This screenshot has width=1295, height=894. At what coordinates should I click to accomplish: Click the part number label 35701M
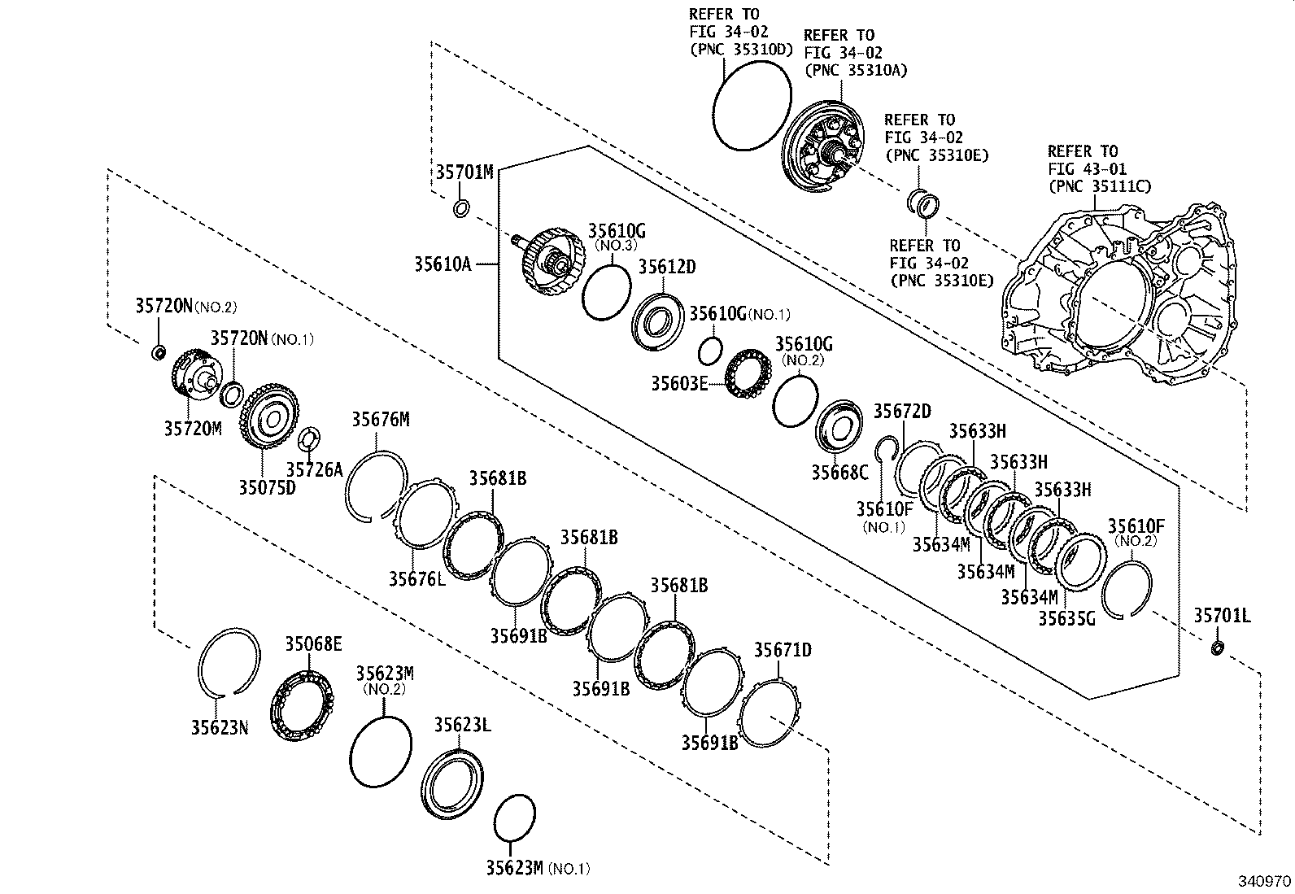coord(464,172)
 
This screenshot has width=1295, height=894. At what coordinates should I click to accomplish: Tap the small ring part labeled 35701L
coord(1217,648)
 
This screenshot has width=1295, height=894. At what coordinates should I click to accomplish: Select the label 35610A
coord(443,264)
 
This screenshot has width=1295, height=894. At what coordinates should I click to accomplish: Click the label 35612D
coord(666,268)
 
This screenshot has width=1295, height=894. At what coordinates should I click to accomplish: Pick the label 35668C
coord(839,472)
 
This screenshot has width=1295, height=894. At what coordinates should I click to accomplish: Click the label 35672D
coord(901,412)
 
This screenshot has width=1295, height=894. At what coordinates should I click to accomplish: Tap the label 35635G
coord(1066,618)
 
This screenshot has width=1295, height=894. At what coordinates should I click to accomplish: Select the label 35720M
coord(192,428)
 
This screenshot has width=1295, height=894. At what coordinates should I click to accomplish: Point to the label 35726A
coord(315,469)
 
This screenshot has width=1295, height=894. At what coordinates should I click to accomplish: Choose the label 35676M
coord(380,420)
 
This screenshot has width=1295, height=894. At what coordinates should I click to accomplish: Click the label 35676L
coord(416,578)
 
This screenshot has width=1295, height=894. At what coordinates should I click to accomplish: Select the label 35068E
coord(312,645)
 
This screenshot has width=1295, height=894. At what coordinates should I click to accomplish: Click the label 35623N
coord(220,727)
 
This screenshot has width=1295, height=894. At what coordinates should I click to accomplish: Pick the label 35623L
coord(461,725)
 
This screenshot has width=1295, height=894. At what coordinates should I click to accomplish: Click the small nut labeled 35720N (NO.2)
coord(159,352)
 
